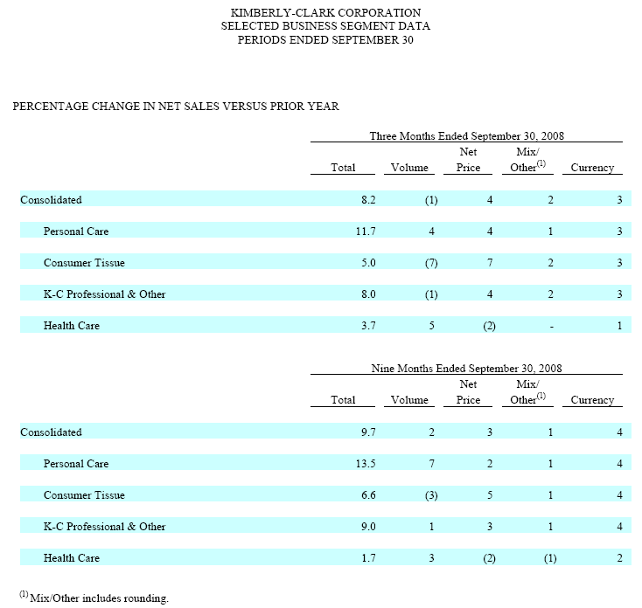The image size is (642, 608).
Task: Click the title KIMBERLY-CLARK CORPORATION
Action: (324, 13)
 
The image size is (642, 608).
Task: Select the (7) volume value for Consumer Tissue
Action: (430, 263)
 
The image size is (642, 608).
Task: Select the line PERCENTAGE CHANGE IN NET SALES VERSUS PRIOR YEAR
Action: (176, 107)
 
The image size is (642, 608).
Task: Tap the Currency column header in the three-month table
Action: (592, 168)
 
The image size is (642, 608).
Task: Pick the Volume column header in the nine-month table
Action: (409, 400)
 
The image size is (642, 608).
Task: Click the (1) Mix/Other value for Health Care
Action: (550, 558)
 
